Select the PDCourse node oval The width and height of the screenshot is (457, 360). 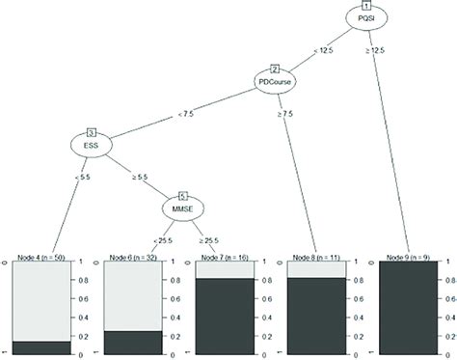pos(276,82)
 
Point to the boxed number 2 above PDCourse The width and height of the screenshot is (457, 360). pos(275,69)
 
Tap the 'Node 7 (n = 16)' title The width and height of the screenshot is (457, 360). pos(226,258)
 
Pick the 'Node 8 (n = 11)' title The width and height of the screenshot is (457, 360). pos(317,258)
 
